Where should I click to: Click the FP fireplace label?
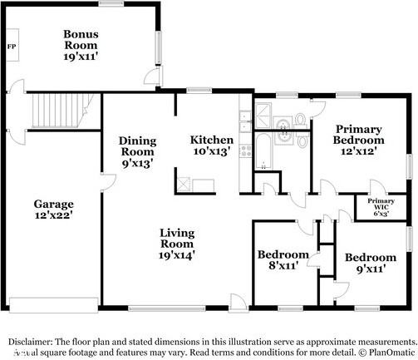point(11,46)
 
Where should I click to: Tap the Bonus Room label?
point(81,40)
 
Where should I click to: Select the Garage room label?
point(53,204)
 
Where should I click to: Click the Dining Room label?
point(137,146)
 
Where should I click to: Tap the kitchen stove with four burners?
point(246,150)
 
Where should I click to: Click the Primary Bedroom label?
point(358,135)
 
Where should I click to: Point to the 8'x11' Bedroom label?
point(283,254)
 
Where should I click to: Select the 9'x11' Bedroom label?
point(371,258)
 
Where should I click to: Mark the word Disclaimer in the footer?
point(31,341)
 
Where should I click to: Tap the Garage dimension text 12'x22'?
point(53,215)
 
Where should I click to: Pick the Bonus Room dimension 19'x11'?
point(81,58)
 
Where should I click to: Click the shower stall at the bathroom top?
point(264,114)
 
